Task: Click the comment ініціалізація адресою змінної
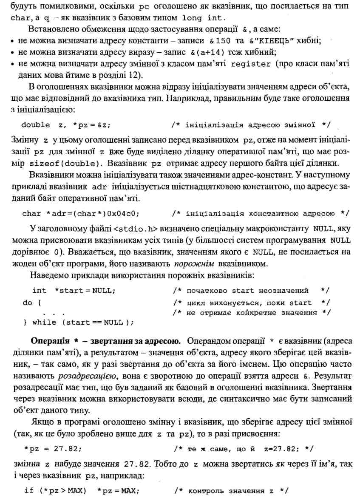point(250,125)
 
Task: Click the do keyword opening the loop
point(27,303)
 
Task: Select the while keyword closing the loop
point(44,323)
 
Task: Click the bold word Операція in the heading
point(50,341)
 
